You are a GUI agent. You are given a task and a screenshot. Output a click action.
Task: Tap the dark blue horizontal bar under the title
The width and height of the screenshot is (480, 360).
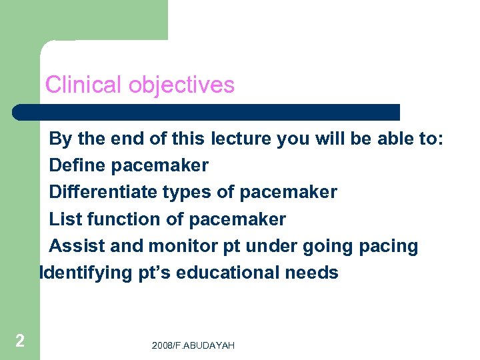[x=207, y=112]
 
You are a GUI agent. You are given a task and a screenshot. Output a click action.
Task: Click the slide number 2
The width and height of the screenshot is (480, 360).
[x=20, y=341]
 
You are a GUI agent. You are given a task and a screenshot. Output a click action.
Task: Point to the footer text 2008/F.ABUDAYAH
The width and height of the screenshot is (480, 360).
[x=193, y=345]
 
